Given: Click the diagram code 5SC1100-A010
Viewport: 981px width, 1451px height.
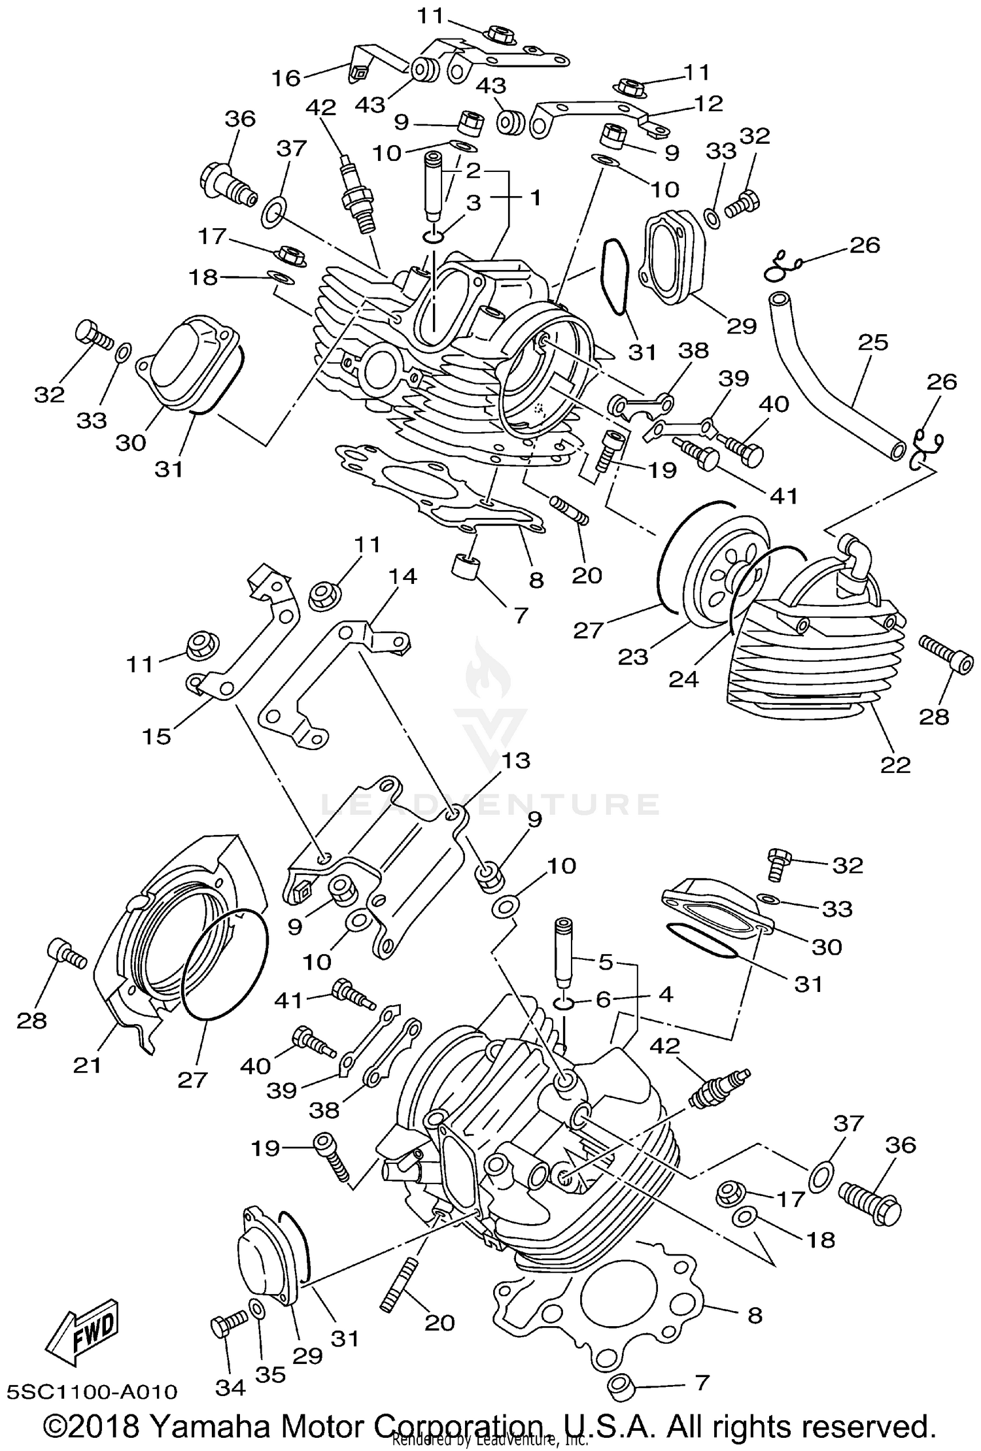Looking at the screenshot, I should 92,1391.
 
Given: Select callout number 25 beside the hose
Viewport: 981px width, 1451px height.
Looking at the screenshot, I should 872,343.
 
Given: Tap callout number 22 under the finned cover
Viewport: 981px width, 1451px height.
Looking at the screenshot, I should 895,764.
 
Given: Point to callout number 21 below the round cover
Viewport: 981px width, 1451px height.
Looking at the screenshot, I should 87,1065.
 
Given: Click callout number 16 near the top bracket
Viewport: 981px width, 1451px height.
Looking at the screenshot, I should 286,78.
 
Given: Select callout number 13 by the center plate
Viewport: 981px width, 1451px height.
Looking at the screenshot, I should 516,760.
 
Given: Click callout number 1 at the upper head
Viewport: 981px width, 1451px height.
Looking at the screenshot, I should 536,197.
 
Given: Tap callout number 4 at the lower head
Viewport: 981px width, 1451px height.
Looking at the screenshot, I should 665,995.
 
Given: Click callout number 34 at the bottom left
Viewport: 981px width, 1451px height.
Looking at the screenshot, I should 230,1388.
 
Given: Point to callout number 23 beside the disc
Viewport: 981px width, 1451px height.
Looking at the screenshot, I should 632,656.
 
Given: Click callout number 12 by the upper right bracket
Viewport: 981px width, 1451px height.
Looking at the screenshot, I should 708,103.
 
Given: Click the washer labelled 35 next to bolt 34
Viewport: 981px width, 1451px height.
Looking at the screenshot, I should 257,1327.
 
